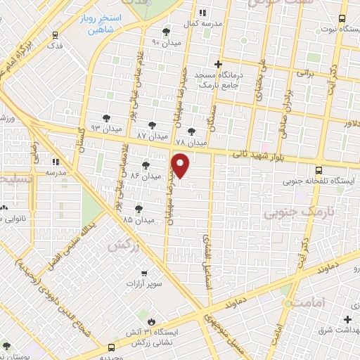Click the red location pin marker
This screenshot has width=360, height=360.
(181, 165)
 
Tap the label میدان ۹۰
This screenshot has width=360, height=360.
(166, 43)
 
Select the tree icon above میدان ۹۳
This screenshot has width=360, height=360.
(105, 117)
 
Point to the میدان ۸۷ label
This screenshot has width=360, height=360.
(151, 135)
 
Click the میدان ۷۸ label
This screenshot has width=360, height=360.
(191, 143)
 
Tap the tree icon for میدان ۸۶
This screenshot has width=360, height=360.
(146, 165)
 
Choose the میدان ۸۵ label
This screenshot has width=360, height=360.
(139, 220)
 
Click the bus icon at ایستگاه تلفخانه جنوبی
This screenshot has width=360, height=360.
(319, 169)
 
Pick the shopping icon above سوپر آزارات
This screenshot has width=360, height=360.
(144, 273)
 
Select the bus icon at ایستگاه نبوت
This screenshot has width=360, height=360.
(342, 19)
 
